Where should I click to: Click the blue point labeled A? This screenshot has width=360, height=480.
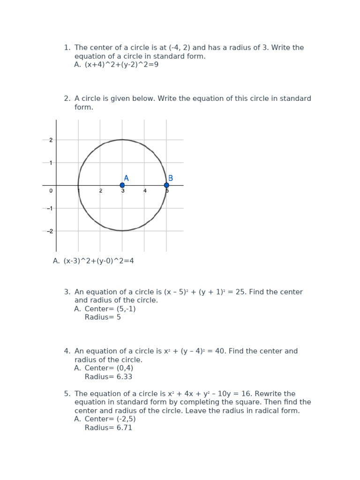click(122, 185)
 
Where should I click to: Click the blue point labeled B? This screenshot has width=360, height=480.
click(166, 185)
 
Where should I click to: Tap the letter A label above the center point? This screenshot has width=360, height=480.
click(126, 178)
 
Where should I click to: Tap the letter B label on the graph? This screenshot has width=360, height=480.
click(171, 178)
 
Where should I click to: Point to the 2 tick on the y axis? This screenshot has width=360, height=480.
click(51, 140)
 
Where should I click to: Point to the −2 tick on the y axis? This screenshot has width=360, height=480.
click(50, 231)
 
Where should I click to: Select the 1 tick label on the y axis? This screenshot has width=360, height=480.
click(51, 163)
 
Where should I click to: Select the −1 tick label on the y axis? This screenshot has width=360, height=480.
click(50, 208)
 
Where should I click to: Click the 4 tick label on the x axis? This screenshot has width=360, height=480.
click(145, 191)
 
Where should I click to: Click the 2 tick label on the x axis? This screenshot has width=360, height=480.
click(100, 191)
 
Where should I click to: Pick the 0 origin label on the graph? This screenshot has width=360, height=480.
click(51, 191)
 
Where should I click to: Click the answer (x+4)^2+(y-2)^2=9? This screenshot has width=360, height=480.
click(121, 65)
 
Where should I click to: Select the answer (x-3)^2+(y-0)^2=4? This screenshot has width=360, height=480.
click(98, 261)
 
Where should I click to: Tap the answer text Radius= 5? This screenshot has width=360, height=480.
click(103, 317)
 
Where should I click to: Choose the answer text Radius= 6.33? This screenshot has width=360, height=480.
click(108, 377)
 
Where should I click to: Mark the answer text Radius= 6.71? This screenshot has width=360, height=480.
click(108, 428)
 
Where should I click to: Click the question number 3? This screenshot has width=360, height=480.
click(67, 292)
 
